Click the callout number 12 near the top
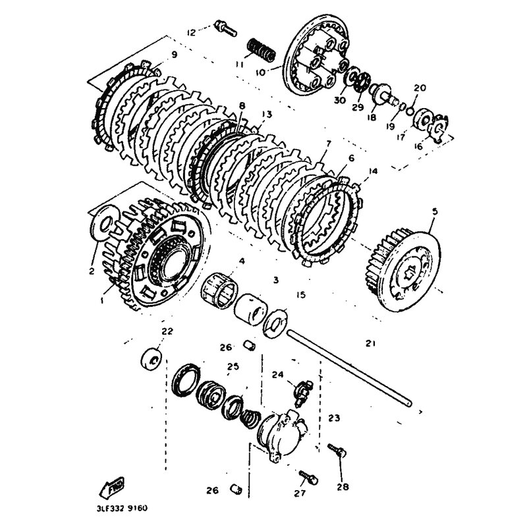[x=191, y=32]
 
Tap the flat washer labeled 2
[x=100, y=223]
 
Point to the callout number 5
[x=434, y=211]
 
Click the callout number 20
[x=420, y=88]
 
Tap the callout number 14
[x=374, y=171]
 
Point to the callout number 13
[x=266, y=114]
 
